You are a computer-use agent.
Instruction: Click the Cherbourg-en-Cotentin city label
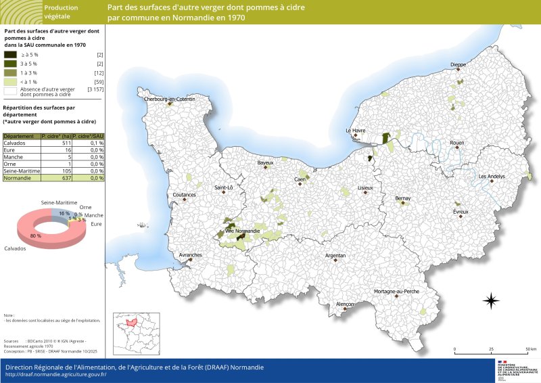pyautogui.click(x=169, y=99)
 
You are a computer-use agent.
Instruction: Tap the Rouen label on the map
pyautogui.click(x=457, y=143)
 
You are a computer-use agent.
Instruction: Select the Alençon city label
pyautogui.click(x=345, y=305)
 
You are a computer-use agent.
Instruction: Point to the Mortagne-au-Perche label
pyautogui.click(x=396, y=292)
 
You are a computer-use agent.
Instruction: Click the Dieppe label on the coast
pyautogui.click(x=458, y=65)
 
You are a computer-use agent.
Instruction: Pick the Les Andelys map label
pyautogui.click(x=492, y=177)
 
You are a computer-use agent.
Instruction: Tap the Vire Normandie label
pyautogui.click(x=242, y=231)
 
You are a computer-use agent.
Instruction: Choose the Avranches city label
pyautogui.click(x=190, y=255)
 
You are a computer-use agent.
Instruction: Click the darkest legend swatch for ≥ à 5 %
pyautogui.click(x=11, y=54)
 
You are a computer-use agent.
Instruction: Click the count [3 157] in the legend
pyautogui.click(x=95, y=89)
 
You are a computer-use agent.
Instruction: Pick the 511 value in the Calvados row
pyautogui.click(x=66, y=143)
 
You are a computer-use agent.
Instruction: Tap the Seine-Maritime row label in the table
pyautogui.click(x=22, y=171)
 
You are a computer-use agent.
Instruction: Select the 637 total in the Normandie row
pyautogui.click(x=66, y=177)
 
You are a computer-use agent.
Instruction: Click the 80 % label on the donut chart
pyautogui.click(x=35, y=235)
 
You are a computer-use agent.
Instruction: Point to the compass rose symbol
pyautogui.click(x=491, y=300)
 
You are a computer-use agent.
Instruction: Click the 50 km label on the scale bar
pyautogui.click(x=531, y=350)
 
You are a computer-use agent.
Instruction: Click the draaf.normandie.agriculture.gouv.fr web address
pyautogui.click(x=56, y=374)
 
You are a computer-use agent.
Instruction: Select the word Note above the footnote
pyautogui.click(x=9, y=315)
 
